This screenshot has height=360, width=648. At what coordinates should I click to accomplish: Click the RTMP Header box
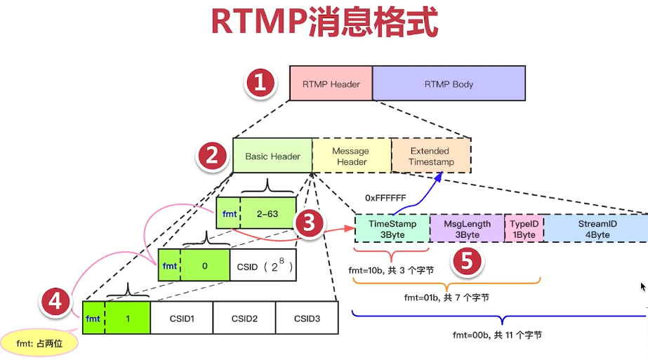[331, 84]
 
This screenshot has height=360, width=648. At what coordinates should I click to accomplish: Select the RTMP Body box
[449, 84]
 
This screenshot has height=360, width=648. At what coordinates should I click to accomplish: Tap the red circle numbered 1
[260, 84]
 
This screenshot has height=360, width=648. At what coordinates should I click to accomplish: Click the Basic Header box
[272, 156]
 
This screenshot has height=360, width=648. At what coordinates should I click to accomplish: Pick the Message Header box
[351, 156]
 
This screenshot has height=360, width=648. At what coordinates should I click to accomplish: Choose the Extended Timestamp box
[431, 156]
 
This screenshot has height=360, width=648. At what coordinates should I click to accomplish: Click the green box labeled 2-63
[267, 213]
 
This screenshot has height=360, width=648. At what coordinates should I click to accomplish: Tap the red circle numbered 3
[310, 224]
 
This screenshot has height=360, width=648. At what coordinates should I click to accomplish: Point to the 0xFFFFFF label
[385, 198]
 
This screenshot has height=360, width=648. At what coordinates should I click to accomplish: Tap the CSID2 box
[244, 319]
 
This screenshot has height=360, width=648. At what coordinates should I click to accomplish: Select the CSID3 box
[307, 319]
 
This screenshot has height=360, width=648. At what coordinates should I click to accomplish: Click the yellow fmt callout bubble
[38, 343]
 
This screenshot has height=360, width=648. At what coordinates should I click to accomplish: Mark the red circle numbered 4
[55, 302]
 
